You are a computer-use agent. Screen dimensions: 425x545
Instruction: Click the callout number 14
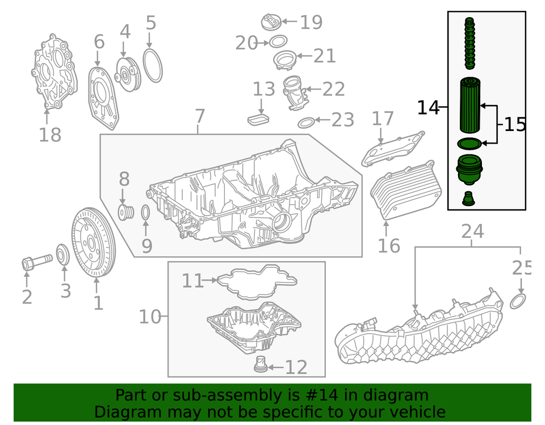(x=429, y=107)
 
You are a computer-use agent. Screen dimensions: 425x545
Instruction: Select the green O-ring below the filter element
(x=469, y=144)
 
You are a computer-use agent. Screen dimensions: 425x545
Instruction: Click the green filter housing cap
(x=469, y=171)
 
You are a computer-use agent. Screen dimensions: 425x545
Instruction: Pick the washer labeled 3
(x=63, y=255)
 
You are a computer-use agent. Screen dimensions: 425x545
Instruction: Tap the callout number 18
(x=50, y=135)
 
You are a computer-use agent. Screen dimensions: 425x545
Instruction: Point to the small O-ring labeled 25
(x=518, y=301)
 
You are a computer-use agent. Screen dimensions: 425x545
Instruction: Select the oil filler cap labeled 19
(x=271, y=23)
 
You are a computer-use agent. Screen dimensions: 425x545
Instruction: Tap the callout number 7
(x=199, y=117)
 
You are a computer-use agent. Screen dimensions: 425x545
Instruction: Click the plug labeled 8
(x=125, y=213)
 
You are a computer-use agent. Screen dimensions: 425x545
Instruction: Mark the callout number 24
(x=472, y=232)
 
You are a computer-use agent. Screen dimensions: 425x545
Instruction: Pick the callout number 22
(x=334, y=89)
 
